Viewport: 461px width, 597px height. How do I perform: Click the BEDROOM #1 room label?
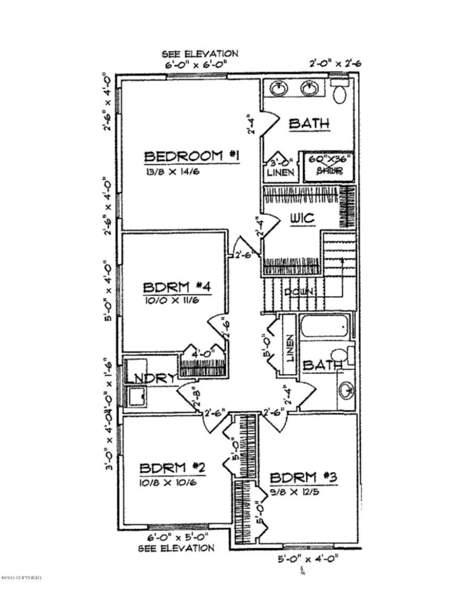pyautogui.click(x=191, y=155)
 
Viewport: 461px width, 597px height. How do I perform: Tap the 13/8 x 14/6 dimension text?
pyautogui.click(x=174, y=172)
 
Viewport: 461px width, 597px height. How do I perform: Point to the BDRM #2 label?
pyautogui.click(x=172, y=468)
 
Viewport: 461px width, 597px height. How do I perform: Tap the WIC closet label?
pyautogui.click(x=301, y=219)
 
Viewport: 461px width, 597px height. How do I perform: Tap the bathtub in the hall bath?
pyautogui.click(x=326, y=328)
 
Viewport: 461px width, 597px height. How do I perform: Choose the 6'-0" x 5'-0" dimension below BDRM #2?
pyautogui.click(x=178, y=537)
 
